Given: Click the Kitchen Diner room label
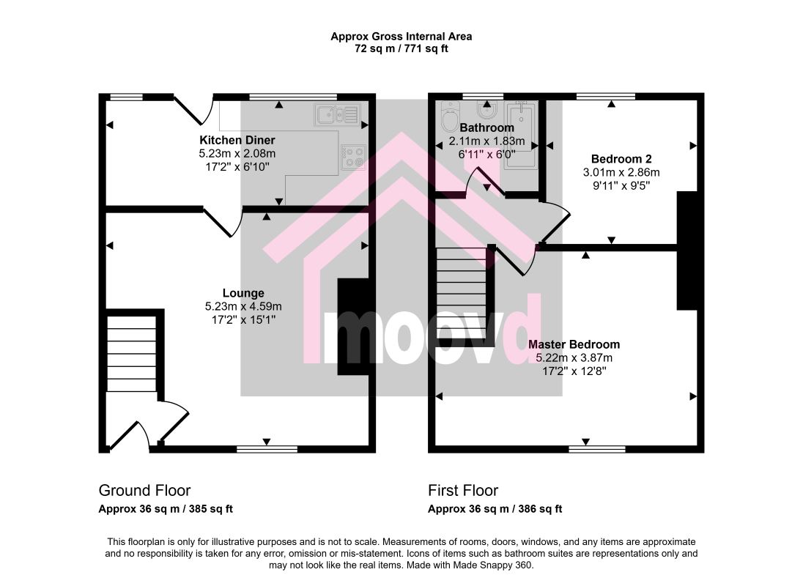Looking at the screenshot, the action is coord(237,140).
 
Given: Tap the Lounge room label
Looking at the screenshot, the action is coord(243,293).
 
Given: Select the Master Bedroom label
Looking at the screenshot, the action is coord(574,344).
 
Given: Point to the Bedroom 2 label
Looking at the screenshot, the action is coord(621,159).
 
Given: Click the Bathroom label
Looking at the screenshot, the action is coord(486,127).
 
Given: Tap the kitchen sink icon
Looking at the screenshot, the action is coord(338,114).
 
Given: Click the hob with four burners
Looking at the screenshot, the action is coord(353,156).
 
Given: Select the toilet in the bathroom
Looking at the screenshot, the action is coord(449,117).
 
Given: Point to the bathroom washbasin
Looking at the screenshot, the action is coord(484,109).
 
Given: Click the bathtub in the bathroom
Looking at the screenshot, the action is coord(520,135).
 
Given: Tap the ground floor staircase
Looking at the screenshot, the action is coord(131,354).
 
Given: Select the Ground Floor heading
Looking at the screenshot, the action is coord(144,490).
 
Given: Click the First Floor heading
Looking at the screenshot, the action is coord(463,490).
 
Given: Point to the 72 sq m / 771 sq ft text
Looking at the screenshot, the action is coord(401,49).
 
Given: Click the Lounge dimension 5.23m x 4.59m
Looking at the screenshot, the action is coord(243,306).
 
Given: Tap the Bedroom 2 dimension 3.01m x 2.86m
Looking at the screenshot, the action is coord(621,172).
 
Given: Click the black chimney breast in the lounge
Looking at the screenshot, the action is coord(353,327).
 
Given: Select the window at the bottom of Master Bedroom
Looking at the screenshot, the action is coord(597,449).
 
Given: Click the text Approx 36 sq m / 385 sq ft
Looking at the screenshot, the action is coord(166,509).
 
